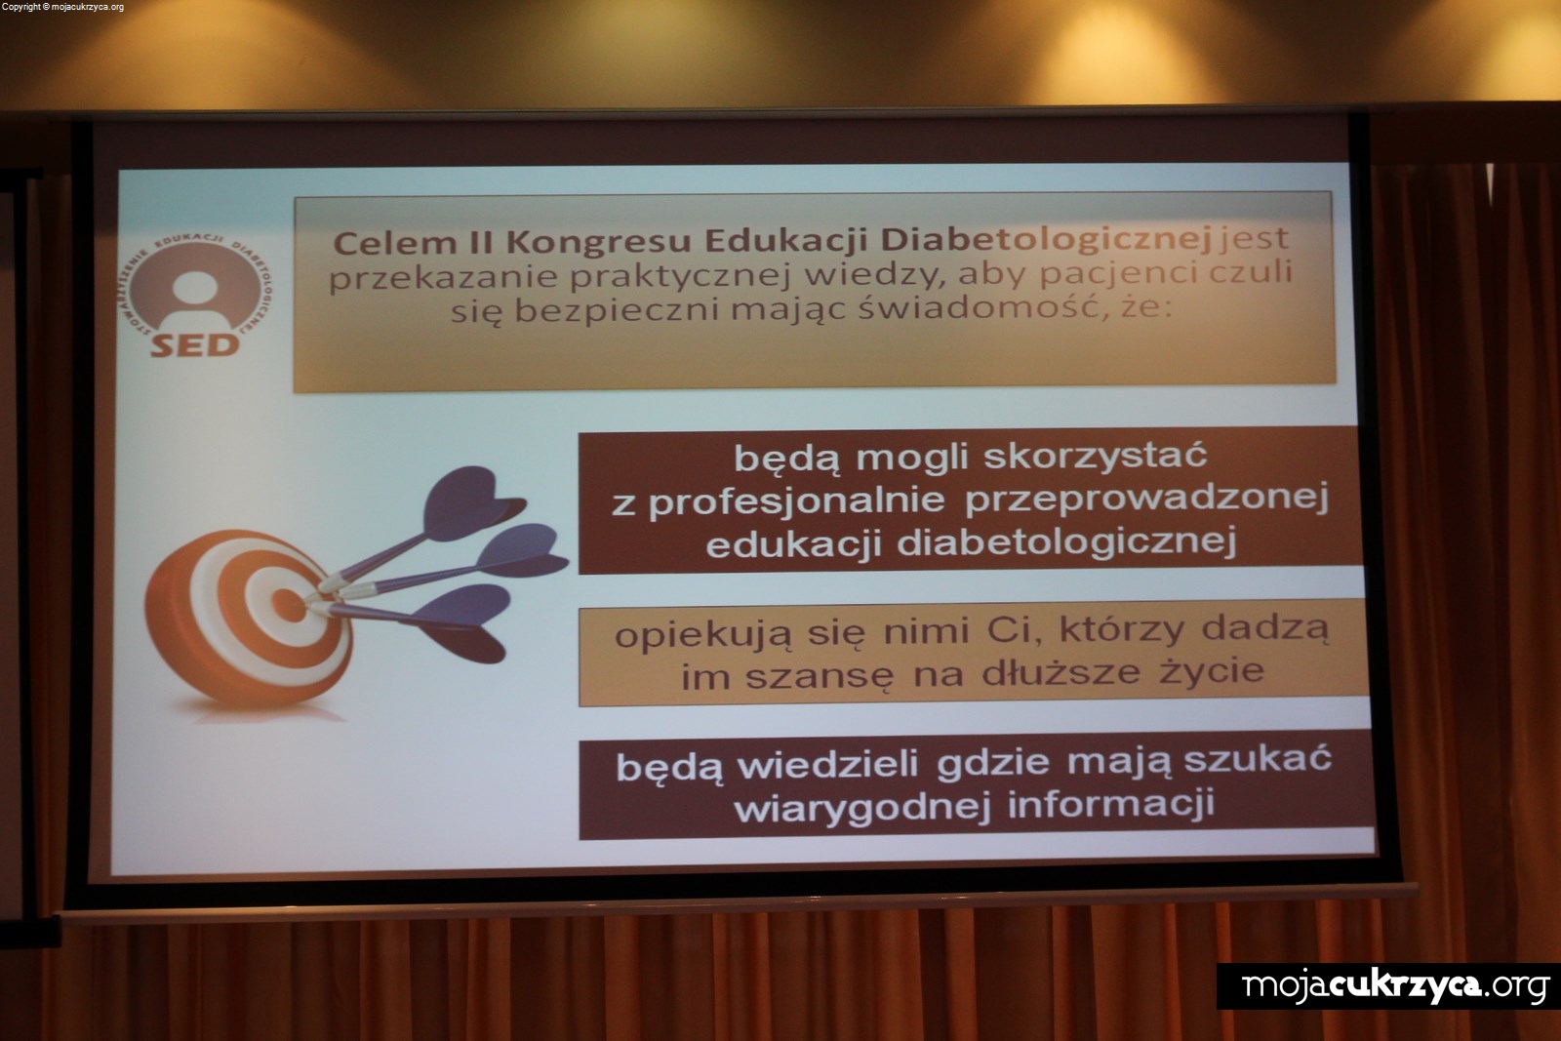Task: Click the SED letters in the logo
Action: (195, 345)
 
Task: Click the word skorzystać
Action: (1095, 458)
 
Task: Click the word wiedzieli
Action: (828, 765)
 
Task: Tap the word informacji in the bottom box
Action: (1111, 804)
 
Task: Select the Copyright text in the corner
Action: (62, 7)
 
